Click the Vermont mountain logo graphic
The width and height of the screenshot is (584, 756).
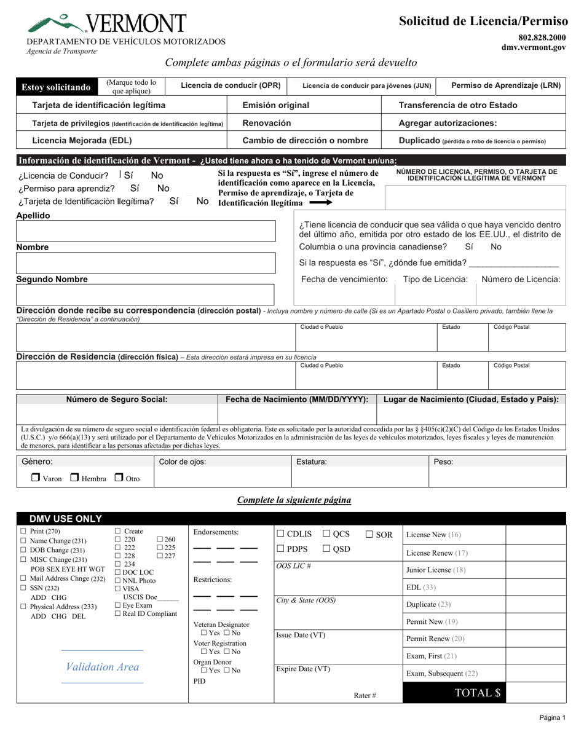[54, 24]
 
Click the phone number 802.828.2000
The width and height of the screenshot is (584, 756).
[542, 37]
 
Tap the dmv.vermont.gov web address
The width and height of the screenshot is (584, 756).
[533, 47]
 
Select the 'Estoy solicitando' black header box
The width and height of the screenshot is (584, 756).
[57, 87]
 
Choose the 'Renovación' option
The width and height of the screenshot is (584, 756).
[267, 123]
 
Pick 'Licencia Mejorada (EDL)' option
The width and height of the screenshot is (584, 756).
[82, 140]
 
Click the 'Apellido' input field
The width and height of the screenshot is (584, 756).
[146, 231]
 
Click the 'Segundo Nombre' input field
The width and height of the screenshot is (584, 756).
[146, 294]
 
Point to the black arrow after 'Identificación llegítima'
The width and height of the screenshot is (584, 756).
[320, 203]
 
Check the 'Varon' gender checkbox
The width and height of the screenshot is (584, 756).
[36, 477]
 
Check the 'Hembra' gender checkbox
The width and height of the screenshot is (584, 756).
[74, 477]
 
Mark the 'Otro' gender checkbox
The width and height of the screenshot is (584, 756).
[119, 477]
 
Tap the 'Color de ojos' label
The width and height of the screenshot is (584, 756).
[183, 462]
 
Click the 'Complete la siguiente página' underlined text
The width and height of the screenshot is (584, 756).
[294, 500]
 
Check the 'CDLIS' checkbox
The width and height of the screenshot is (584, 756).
[280, 534]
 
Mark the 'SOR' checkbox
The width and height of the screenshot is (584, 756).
[369, 534]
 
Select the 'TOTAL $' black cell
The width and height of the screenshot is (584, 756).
[454, 693]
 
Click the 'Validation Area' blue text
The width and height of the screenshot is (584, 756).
[102, 667]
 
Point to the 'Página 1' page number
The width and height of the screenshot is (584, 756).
[553, 717]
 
